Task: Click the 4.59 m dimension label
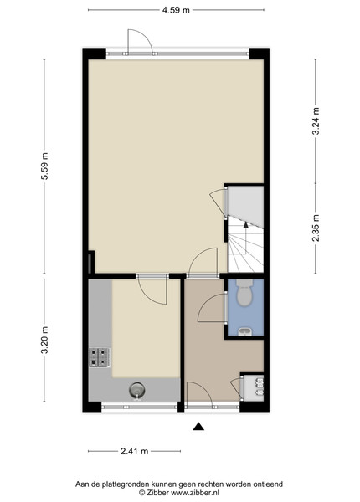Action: pyautogui.click(x=176, y=10)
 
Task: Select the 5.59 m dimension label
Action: pyautogui.click(x=45, y=166)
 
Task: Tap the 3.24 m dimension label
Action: pyautogui.click(x=316, y=121)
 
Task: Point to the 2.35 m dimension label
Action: pyautogui.click(x=316, y=228)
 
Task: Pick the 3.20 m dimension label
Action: pyautogui.click(x=45, y=340)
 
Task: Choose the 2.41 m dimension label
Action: pyautogui.click(x=135, y=452)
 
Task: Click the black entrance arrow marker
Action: pyautogui.click(x=198, y=426)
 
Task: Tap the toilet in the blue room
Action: pyautogui.click(x=244, y=293)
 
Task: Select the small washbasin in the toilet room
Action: pyautogui.click(x=245, y=331)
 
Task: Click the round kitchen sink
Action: pyautogui.click(x=136, y=390)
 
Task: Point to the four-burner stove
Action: pyautogui.click(x=100, y=357)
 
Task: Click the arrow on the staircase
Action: pyautogui.click(x=245, y=238)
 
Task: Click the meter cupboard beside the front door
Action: pyautogui.click(x=253, y=387)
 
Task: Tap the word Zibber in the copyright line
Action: pyautogui.click(x=157, y=493)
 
